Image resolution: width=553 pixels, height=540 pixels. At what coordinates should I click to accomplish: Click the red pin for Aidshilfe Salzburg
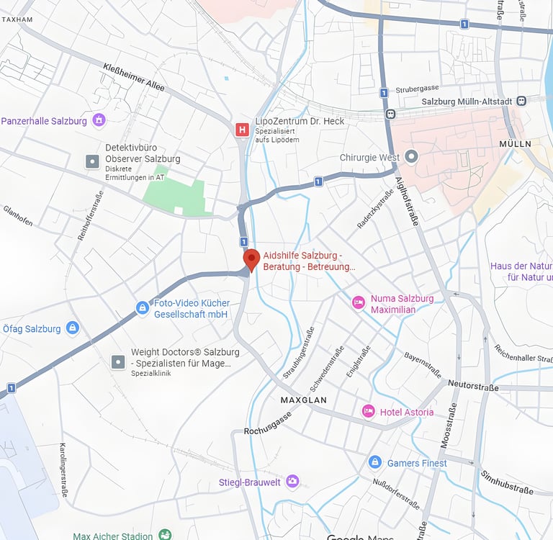tap(251, 258)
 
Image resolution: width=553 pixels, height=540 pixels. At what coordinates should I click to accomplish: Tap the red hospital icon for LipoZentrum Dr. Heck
tap(243, 129)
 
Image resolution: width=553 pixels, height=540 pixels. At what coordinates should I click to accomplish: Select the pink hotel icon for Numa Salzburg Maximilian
tap(358, 303)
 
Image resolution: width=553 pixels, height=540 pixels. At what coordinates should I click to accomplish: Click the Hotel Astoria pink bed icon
tap(369, 411)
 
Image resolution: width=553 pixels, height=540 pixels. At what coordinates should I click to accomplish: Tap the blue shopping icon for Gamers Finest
tap(374, 462)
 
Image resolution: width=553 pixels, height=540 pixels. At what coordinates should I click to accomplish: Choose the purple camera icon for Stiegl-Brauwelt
tap(292, 481)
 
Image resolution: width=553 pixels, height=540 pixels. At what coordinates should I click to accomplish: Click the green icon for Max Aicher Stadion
tap(165, 535)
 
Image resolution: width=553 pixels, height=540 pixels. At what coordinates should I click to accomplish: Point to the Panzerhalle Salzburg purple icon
tap(99, 120)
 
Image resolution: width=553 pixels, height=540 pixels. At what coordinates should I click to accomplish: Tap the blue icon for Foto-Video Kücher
tap(143, 308)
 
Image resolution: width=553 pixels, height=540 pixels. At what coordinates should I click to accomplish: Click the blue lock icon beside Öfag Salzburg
tap(72, 328)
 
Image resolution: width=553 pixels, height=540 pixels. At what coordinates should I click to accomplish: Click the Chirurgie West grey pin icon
tap(412, 156)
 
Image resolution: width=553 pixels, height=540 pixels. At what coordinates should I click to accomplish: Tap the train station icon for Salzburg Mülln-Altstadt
tap(521, 102)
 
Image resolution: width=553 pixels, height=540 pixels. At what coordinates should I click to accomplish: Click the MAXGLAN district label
tap(303, 400)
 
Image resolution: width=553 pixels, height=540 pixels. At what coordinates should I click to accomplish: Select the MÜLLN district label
tap(515, 144)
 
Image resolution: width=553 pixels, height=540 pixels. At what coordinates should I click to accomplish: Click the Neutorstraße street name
tap(473, 386)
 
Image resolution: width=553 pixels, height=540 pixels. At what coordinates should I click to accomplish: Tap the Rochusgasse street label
tap(268, 424)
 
